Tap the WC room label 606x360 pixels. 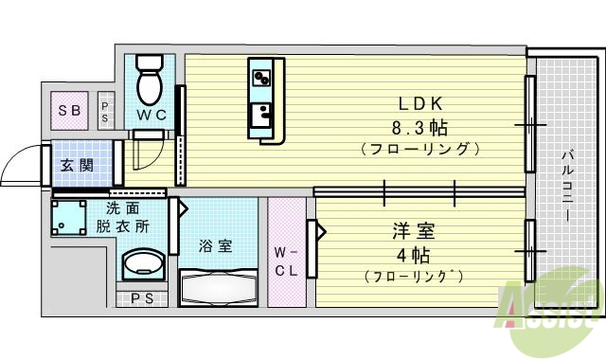(151, 116)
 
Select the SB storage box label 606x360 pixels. (70, 110)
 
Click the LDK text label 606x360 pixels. (418, 103)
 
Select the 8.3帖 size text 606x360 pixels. (418, 126)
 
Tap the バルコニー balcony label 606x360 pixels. (566, 185)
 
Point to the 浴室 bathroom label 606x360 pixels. (215, 246)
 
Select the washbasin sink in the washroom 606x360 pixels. (144, 263)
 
